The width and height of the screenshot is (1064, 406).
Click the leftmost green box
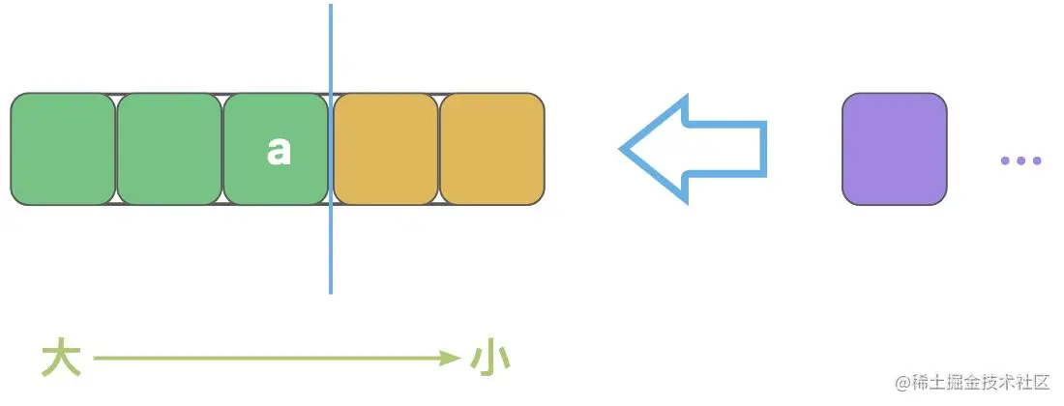click(x=63, y=149)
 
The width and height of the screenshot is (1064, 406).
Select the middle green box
click(x=169, y=149)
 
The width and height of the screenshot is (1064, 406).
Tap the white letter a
click(x=279, y=150)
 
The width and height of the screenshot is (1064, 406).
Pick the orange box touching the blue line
click(x=386, y=149)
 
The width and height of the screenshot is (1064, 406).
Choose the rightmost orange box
click(x=492, y=149)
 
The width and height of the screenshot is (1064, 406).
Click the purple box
click(x=894, y=149)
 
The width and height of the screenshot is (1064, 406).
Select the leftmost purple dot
click(x=1006, y=160)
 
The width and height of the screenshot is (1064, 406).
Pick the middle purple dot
click(x=1020, y=160)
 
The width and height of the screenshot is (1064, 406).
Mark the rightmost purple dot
click(x=1036, y=160)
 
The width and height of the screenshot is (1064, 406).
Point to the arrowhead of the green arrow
click(x=450, y=359)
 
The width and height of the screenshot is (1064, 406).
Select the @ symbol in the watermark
click(x=903, y=383)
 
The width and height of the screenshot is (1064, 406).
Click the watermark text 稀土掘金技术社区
click(x=982, y=383)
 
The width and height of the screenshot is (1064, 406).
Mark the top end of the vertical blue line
click(x=331, y=7)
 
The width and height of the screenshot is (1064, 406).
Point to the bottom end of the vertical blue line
click(x=331, y=291)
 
